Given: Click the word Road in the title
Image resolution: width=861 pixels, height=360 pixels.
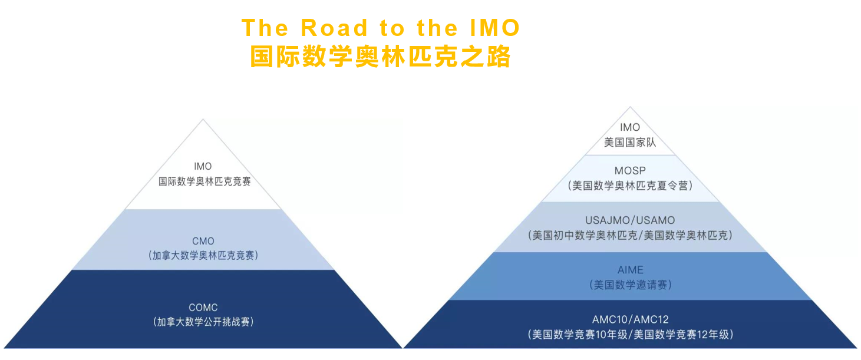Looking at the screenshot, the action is pos(334,28).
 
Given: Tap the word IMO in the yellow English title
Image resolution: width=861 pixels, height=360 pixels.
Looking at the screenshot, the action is pos(494,28).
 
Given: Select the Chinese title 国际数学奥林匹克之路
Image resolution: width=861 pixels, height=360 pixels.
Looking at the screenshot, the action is pos(380,57).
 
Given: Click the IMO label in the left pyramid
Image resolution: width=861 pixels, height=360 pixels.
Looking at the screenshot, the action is pos(203,166).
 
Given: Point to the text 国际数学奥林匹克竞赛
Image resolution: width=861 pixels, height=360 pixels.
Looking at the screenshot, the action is pos(204,181).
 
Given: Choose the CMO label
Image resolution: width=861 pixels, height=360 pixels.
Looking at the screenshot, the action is pos(203,242).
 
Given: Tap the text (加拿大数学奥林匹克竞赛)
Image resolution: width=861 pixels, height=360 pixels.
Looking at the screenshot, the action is pos(203,256).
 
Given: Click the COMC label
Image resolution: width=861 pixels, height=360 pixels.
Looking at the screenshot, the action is pos(203,308).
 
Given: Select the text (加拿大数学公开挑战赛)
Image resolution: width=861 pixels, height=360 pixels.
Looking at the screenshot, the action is pos(203,322).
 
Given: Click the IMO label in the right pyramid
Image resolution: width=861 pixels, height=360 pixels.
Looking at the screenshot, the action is pos(630,127).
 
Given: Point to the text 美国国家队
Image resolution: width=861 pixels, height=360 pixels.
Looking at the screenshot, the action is pos(630,143).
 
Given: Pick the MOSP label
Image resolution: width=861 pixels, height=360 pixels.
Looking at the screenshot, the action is pos(630,171).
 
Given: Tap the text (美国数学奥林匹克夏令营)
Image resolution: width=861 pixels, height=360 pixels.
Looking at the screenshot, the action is pos(631,186).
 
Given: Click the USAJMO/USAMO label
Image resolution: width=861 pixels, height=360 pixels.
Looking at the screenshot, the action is pos(630,220).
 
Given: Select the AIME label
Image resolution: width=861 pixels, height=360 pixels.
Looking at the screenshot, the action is pos(631,270).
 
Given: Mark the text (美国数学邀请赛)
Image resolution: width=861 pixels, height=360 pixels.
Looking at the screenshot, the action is pos(631,285).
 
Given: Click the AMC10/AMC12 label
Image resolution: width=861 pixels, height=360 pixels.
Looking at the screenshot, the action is pos(631,320).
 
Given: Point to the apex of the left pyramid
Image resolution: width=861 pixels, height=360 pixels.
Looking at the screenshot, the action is pos(203,119).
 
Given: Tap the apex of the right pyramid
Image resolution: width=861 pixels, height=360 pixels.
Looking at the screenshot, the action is pos(630,107).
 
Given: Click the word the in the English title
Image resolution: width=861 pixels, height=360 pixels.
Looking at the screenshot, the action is pos(437,28).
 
